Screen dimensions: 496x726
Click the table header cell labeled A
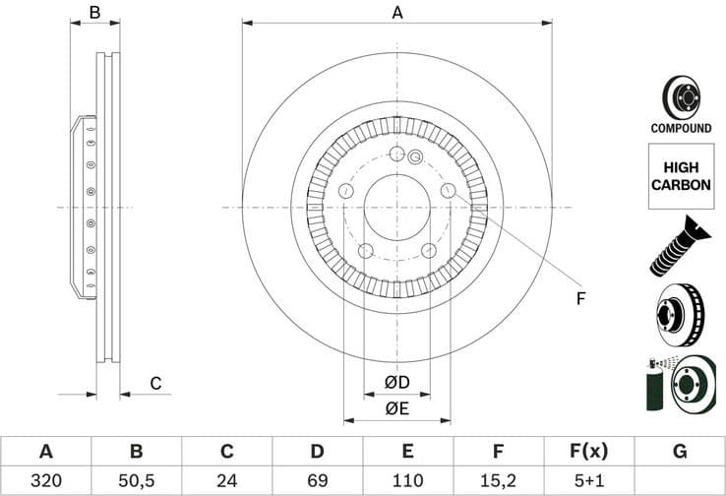tap(45, 452)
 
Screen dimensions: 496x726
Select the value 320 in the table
tap(45, 481)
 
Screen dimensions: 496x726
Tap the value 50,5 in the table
tap(136, 481)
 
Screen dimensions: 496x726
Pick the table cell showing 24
tap(226, 481)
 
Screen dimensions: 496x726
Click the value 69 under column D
tap(317, 481)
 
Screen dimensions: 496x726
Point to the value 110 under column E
tap(407, 481)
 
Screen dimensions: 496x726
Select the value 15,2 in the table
tap(498, 481)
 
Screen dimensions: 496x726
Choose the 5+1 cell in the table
tap(588, 481)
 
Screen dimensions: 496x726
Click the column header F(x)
tap(588, 452)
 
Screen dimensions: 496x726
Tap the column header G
tap(679, 452)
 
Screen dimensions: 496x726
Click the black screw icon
tap(680, 245)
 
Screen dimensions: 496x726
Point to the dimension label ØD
tap(396, 382)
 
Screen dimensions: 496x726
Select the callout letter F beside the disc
tap(580, 298)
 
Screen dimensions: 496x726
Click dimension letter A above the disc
tap(396, 13)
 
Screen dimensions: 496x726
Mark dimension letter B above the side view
tap(95, 13)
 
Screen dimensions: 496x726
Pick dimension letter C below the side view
tap(154, 383)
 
